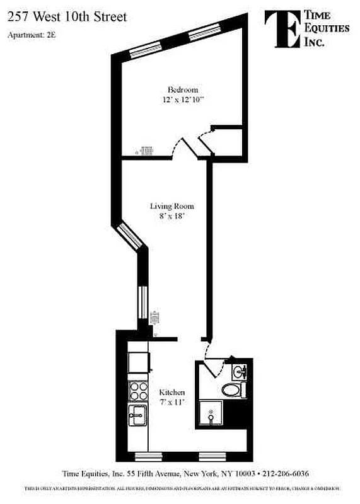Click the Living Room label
click(171, 206)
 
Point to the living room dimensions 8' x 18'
click(171, 215)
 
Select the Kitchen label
click(171, 392)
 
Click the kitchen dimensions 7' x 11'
click(171, 402)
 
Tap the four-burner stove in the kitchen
click(139, 391)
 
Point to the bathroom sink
click(240, 372)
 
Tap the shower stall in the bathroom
click(211, 415)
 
